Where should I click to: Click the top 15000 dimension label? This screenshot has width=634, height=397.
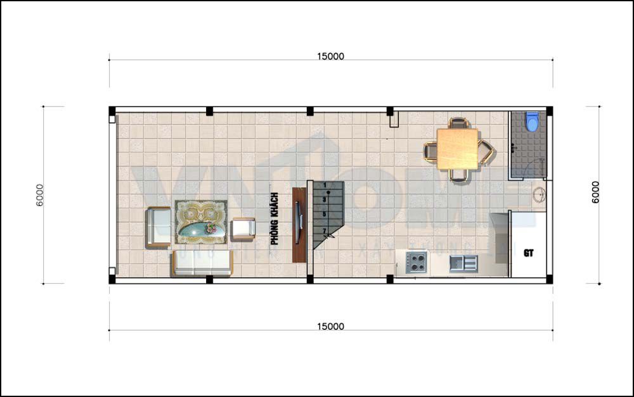pos(330,56)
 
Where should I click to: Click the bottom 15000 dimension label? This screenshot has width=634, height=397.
pos(330,326)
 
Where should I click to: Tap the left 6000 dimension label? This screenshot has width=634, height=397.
pos(40,195)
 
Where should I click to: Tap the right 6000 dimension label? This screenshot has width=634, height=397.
pos(595,192)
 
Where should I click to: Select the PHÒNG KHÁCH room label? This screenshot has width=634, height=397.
pos(275,218)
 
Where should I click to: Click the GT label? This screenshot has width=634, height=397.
pos(529,253)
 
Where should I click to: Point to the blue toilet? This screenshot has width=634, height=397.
pos(531,122)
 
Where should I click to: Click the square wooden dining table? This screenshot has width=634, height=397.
pos(458,149)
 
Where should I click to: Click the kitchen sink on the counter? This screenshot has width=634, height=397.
pos(463,263)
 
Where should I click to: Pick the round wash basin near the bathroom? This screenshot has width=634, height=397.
pos(540,195)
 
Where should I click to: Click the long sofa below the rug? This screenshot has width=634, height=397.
pos(201,263)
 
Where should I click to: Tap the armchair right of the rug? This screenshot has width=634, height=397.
pos(243,228)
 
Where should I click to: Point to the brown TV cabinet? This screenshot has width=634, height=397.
pos(299,225)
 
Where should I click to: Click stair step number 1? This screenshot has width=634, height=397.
pos(325,185)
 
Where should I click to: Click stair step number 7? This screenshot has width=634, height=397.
pos(325,230)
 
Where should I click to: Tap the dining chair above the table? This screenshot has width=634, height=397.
pos(458,122)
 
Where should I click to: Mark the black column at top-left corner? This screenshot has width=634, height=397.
pos(112,110)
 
